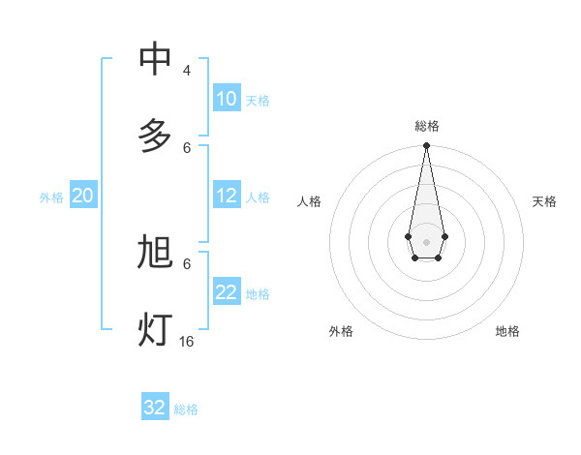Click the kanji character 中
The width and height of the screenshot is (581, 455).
(x=155, y=59)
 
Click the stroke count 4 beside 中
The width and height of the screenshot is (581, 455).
(x=187, y=71)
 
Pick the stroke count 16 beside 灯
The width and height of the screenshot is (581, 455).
(x=187, y=342)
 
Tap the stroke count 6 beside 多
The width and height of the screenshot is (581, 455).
(x=187, y=147)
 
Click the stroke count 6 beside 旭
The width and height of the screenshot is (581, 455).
(x=187, y=263)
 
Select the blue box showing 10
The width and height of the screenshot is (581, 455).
(x=227, y=99)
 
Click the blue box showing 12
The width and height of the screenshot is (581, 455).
(x=227, y=196)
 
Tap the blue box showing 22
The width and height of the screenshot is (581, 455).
(x=227, y=292)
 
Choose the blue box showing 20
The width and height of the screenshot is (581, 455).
(x=83, y=196)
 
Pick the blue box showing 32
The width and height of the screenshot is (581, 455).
(x=155, y=408)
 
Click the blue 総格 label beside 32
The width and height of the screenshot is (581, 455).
(x=186, y=409)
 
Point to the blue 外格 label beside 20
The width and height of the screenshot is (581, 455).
(x=51, y=197)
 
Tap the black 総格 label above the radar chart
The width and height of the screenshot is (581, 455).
(x=427, y=126)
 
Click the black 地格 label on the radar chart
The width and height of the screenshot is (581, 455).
(x=507, y=331)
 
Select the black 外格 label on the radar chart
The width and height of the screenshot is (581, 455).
(x=341, y=331)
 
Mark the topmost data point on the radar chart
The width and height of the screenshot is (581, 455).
(x=426, y=146)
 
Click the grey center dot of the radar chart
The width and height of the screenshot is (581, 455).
(x=426, y=241)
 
